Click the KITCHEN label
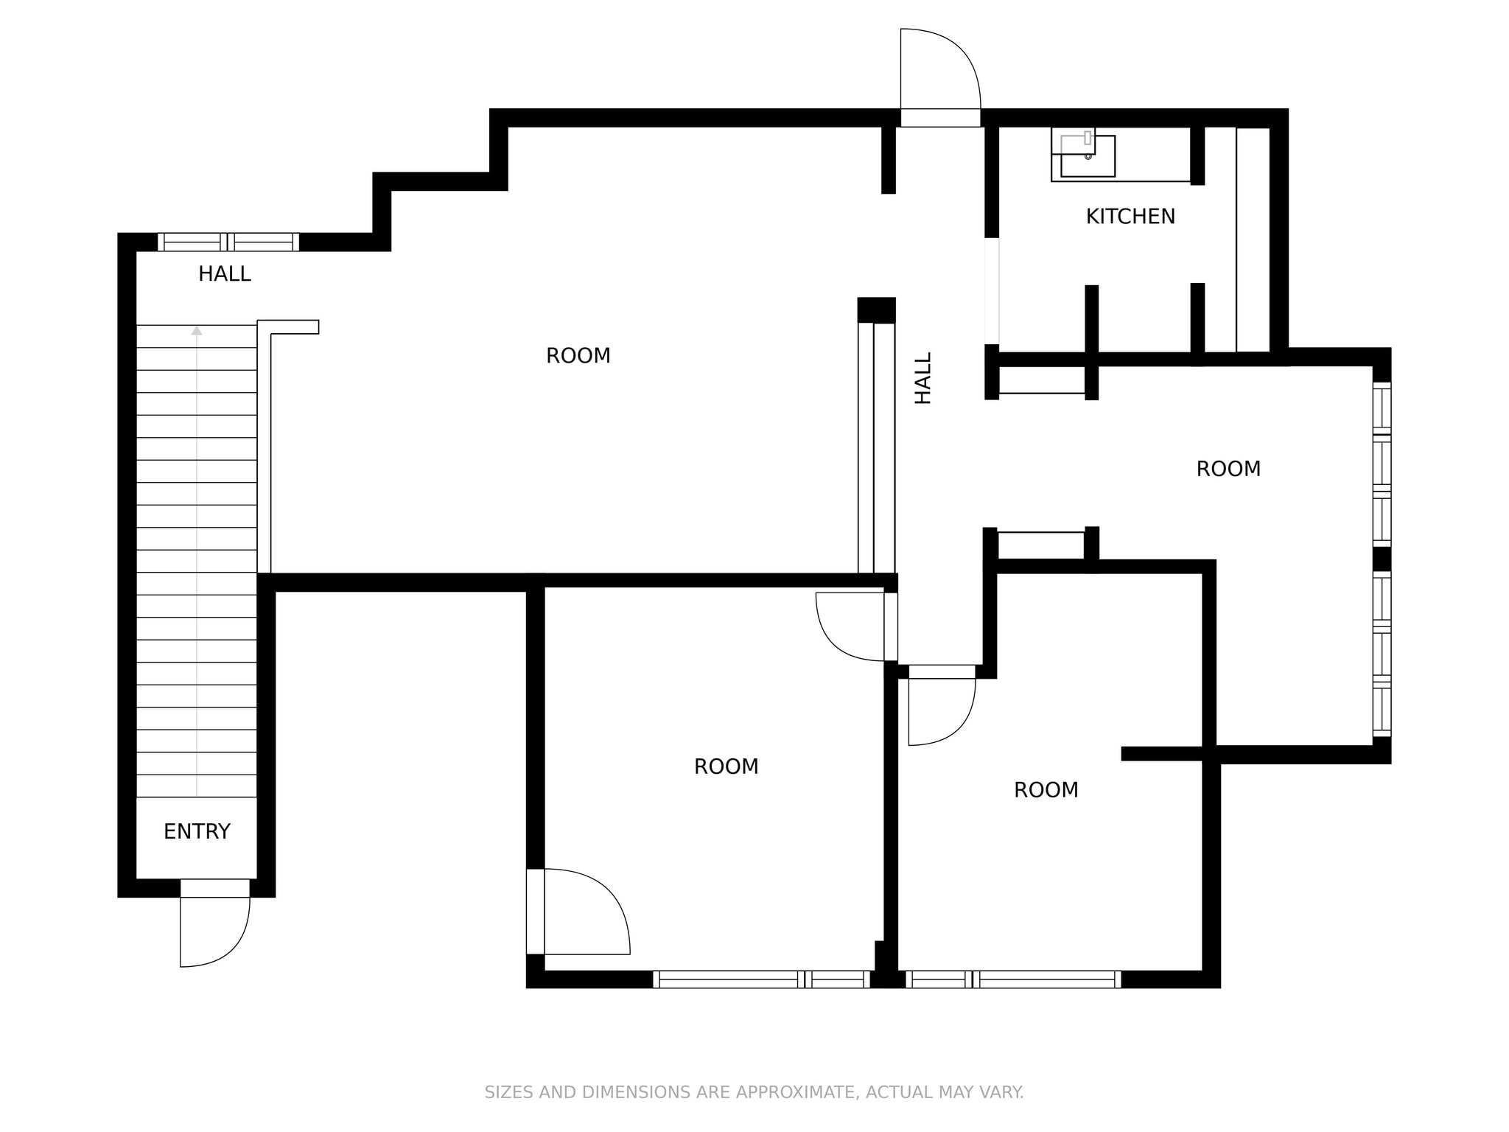(x=1130, y=217)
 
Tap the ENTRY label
(x=197, y=831)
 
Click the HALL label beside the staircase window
(x=224, y=274)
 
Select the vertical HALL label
(x=922, y=377)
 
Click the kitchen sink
(x=1087, y=156)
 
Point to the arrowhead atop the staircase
(x=197, y=331)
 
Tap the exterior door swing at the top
(x=939, y=70)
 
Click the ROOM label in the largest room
(x=578, y=356)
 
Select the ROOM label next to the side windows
(x=1228, y=469)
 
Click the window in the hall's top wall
(x=228, y=242)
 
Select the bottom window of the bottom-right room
(x=1012, y=979)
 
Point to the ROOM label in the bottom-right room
(x=1046, y=790)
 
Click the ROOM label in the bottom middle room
(x=726, y=766)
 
